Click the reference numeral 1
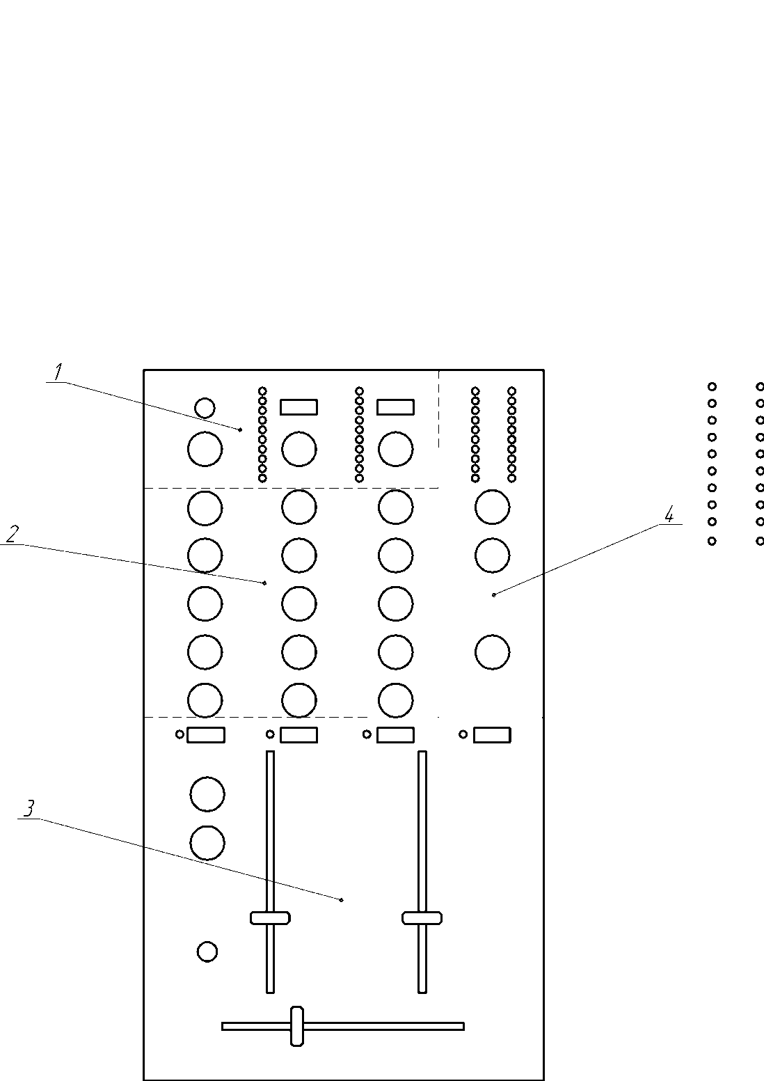[x=59, y=372]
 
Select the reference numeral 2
[x=12, y=534]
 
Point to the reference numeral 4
[x=669, y=514]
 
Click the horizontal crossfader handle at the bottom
[x=297, y=1025]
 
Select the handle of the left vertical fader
[x=270, y=917]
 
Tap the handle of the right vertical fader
[x=422, y=917]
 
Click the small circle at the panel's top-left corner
[x=205, y=408]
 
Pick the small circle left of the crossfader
[x=207, y=952]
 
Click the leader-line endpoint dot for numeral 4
[x=493, y=594]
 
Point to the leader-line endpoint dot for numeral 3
[x=342, y=900]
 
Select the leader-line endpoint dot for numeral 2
[x=265, y=583]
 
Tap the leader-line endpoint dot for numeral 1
[x=241, y=430]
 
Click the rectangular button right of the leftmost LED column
[x=299, y=407]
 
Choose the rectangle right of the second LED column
[x=395, y=407]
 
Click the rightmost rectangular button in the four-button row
[x=492, y=734]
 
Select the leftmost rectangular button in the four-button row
[x=206, y=734]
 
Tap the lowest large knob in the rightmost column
[x=493, y=652]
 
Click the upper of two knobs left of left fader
[x=207, y=794]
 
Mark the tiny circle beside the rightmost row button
[x=463, y=734]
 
